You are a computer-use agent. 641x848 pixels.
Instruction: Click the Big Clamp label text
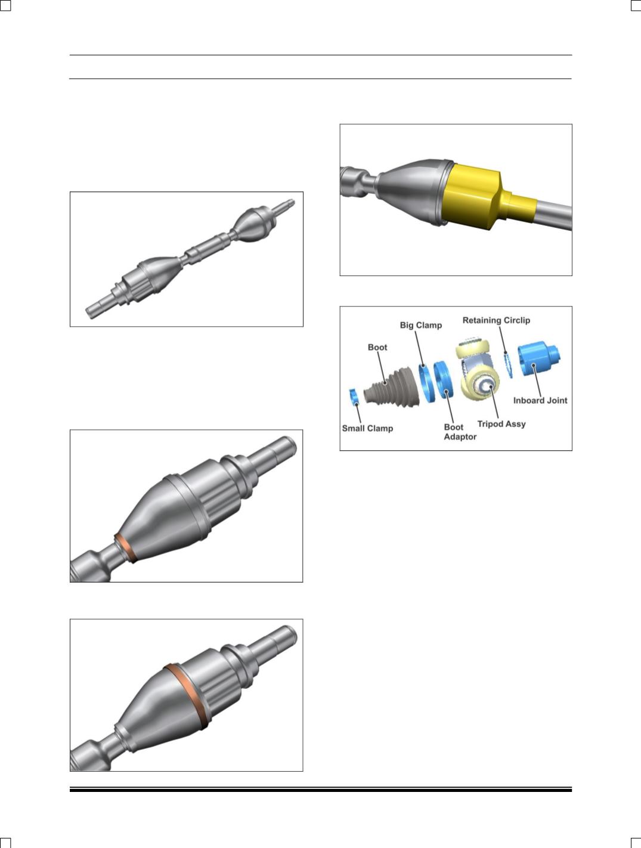pos(421,325)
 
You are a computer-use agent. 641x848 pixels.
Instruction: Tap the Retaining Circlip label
pos(496,320)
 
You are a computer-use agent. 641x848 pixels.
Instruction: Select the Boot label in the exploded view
pos(377,347)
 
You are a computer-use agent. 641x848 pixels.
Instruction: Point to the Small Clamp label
pos(367,428)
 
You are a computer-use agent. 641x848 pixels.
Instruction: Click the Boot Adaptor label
pos(460,432)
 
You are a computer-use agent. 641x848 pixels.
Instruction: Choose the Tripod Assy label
pos(501,424)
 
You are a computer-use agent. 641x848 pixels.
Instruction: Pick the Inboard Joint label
pos(540,400)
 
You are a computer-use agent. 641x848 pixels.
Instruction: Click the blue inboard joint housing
pos(538,359)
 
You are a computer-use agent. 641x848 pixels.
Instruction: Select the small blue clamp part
pos(354,397)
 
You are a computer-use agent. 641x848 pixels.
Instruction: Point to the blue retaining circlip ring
pos(508,365)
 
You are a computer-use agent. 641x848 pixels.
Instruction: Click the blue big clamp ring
pos(426,382)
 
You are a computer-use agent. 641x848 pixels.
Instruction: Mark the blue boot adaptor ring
pos(443,381)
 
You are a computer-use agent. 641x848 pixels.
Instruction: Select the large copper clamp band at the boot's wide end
pos(187,697)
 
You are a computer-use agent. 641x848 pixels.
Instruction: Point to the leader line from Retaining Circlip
pos(503,339)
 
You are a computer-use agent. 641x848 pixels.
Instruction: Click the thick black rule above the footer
pos(321,790)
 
